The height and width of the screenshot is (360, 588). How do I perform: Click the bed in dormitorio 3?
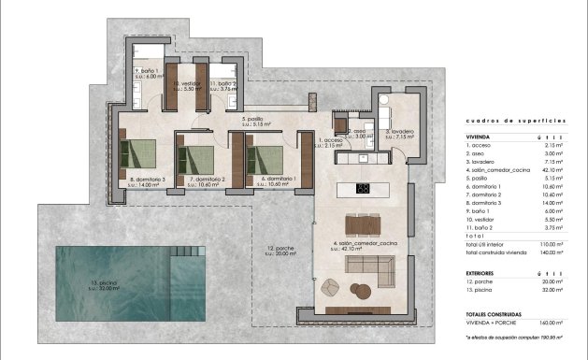click(x=139, y=155)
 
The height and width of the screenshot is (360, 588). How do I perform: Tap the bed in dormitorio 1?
click(x=266, y=155)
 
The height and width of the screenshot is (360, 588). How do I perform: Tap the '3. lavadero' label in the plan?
click(x=401, y=132)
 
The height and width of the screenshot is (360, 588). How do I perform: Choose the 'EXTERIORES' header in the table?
click(x=482, y=272)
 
